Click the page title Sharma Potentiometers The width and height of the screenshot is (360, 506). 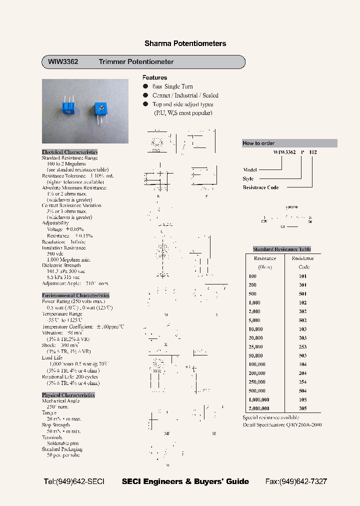click(x=185, y=43)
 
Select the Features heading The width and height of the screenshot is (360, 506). click(x=154, y=77)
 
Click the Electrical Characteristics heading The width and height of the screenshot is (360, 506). click(x=69, y=152)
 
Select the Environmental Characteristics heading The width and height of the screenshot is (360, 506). click(x=75, y=295)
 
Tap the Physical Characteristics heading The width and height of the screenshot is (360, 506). click(x=68, y=395)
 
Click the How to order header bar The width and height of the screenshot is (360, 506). click(x=289, y=143)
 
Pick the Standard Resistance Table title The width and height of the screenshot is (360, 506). click(x=282, y=249)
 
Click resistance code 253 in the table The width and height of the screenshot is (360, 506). click(x=302, y=346)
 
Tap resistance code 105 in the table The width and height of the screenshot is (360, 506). click(x=302, y=399)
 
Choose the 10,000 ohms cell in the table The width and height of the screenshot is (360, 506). click(x=255, y=329)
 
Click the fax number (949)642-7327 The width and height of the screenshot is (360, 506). click(x=296, y=481)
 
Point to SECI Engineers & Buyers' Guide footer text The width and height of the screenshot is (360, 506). click(x=185, y=481)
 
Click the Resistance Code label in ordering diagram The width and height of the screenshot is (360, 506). click(x=260, y=187)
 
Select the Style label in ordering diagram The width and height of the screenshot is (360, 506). click(x=248, y=178)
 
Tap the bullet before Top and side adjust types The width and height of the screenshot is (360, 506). click(x=145, y=104)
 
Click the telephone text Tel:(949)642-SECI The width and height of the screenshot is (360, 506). click(x=74, y=481)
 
